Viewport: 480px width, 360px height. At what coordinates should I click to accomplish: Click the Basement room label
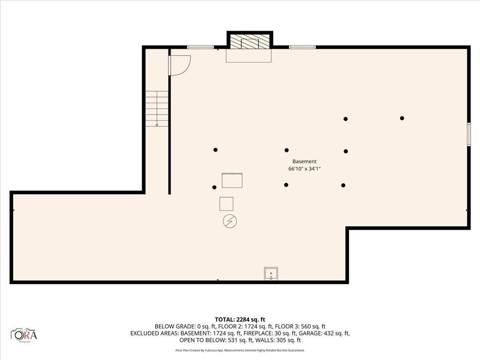click(x=305, y=161)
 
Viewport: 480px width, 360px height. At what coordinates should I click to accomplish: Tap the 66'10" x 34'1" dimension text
click(x=305, y=169)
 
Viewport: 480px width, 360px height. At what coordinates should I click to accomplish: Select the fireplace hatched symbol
click(x=250, y=42)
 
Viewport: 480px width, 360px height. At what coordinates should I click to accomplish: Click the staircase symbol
click(x=157, y=109)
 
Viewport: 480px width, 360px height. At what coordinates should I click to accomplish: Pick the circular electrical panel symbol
click(x=230, y=221)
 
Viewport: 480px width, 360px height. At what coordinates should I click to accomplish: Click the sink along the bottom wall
click(x=271, y=273)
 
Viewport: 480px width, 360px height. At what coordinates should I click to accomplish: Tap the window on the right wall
click(x=468, y=135)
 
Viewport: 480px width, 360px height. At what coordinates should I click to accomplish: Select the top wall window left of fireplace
click(x=200, y=47)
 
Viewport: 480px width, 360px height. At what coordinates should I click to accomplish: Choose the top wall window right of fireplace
click(x=302, y=47)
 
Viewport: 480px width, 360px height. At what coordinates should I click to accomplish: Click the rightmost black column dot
click(x=402, y=118)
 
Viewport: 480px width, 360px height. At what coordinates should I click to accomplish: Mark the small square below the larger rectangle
click(x=226, y=204)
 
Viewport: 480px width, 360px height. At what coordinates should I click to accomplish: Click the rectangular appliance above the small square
click(x=232, y=180)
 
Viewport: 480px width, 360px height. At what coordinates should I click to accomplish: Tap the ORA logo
click(x=24, y=335)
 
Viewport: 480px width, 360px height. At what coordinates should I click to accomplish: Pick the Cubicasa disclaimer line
click(x=240, y=350)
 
